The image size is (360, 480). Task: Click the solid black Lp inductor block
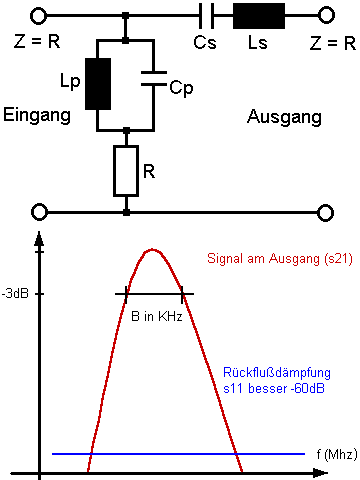coord(98,84)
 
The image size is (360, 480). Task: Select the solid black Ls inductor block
coord(259,16)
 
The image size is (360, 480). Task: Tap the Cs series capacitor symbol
coord(206,16)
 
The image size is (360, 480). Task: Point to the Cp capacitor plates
coord(154,78)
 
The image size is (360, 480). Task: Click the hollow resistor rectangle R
coord(126,171)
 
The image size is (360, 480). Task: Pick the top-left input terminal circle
coord(39,16)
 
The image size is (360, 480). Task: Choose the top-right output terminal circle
coord(326,15)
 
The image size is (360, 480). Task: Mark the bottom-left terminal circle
coord(39,212)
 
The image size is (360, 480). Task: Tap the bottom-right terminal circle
coord(325,213)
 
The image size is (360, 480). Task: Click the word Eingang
coord(37,115)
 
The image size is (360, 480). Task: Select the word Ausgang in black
coord(284,117)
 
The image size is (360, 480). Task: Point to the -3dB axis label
coord(15,294)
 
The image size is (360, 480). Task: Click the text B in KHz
coord(157,316)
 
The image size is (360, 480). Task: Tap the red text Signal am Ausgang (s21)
coord(280,259)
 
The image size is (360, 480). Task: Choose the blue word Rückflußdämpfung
coord(277,373)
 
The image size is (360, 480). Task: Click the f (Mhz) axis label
coord(337,454)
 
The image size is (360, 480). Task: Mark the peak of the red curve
coord(152,249)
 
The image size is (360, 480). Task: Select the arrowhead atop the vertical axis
coord(39,239)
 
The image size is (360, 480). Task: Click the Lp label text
coord(70,81)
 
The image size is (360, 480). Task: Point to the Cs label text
coord(205,42)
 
